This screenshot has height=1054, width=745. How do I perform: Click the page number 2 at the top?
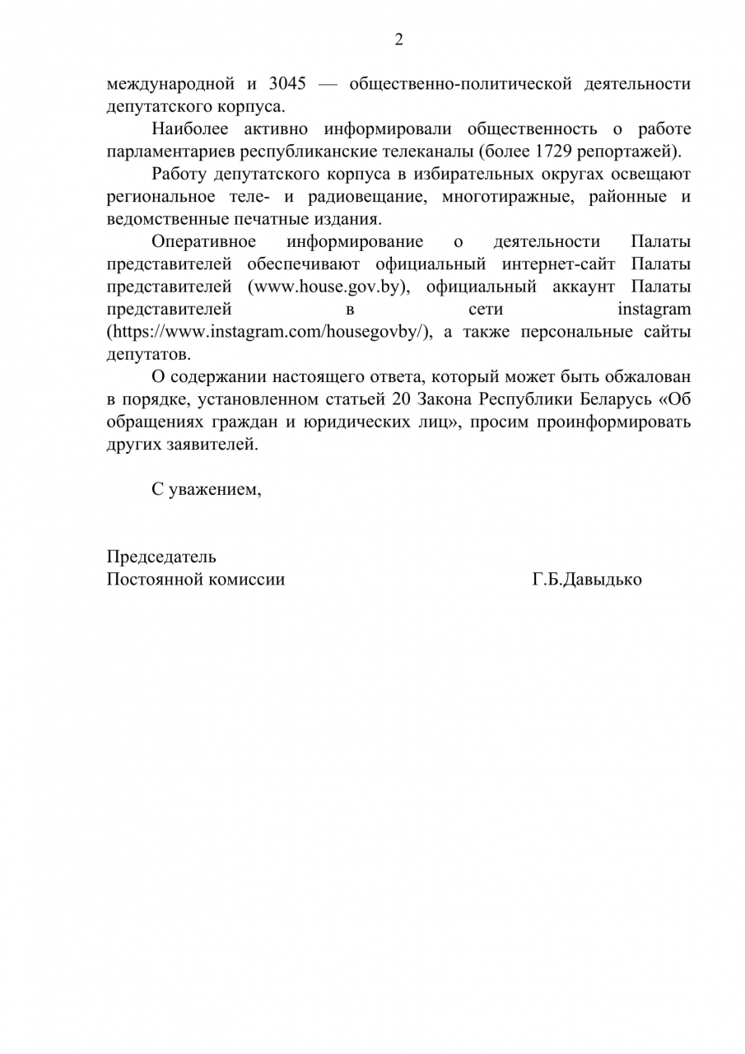tap(399, 40)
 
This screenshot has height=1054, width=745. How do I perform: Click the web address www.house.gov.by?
tap(328, 287)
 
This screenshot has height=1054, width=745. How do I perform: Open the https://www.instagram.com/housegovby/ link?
tap(269, 332)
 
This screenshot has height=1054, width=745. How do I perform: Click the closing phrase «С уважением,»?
tap(206, 489)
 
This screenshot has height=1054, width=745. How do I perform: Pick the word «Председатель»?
tap(161, 557)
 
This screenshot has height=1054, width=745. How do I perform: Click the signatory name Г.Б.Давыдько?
tap(587, 579)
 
